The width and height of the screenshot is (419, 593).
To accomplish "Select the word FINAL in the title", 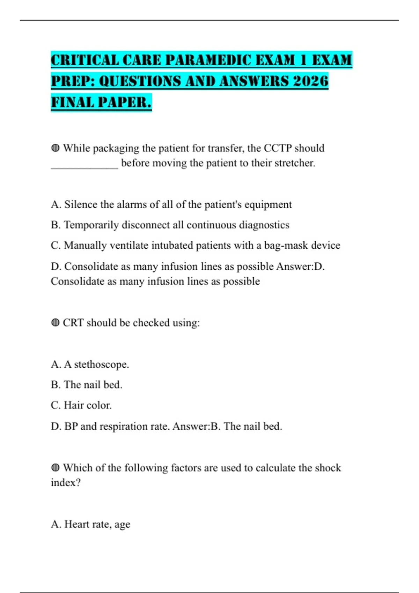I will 72,102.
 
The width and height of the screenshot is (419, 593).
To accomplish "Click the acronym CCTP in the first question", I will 277,148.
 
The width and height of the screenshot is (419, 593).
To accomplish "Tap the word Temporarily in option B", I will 91,225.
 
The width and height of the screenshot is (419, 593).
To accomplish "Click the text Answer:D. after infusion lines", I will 300,267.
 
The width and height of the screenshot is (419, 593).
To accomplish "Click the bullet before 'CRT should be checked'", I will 55,323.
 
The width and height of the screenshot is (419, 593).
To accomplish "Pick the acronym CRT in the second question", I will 73,323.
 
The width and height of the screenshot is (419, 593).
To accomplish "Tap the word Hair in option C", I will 74,405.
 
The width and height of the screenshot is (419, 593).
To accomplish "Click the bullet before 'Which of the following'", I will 55,468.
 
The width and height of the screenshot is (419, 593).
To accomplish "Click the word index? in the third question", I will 66,483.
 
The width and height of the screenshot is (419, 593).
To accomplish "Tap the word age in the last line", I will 122,525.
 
